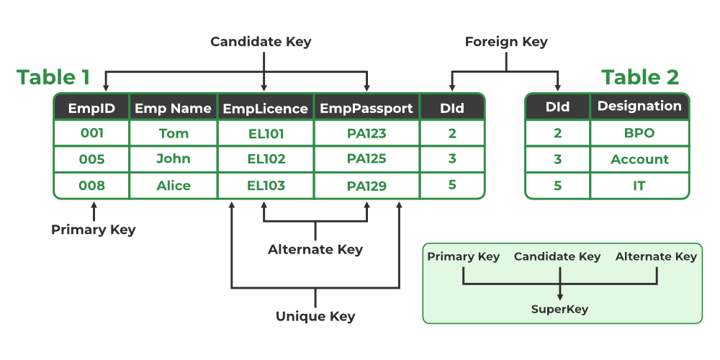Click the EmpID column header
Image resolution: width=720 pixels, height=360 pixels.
pos(91,108)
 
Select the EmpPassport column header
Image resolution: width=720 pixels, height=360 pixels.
pos(366,108)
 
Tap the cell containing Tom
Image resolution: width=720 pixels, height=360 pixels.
pos(174,133)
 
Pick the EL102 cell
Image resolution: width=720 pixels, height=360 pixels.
pos(265,159)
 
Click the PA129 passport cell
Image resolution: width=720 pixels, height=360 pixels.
pos(366,186)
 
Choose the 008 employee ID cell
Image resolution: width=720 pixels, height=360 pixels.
pos(91,186)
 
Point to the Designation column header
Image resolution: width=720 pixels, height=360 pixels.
pos(639,106)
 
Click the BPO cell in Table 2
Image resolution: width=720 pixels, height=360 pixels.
pos(639,133)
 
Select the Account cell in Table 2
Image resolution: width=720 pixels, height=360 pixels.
pos(639,159)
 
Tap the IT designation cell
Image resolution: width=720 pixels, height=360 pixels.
pos(639,186)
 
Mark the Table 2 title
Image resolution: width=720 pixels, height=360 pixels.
pos(640,77)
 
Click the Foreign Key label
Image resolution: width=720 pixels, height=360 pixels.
pos(506,42)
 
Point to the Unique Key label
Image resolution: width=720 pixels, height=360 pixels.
pos(315,316)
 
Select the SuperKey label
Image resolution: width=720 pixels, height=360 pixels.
pos(559,309)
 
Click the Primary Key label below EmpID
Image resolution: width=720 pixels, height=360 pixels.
pos(93,230)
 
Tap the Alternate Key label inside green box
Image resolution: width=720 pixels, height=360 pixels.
pos(656,256)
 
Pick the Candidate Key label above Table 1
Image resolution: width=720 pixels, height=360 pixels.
pos(261,42)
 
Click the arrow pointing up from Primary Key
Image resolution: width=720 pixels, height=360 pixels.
pos(93,211)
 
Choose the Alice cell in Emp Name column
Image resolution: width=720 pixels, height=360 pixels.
pos(174,186)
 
